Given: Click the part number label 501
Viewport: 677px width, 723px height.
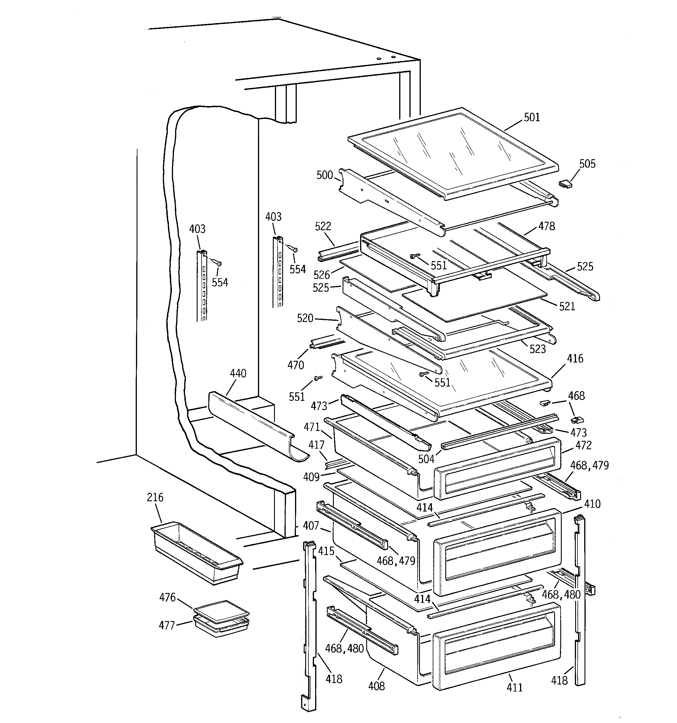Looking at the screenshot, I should pos(532,117).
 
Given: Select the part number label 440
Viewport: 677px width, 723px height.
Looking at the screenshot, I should pos(238,374).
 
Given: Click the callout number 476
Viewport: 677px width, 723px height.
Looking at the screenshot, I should pos(167,597).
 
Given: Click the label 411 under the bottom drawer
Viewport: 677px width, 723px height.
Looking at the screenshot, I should pos(514,687).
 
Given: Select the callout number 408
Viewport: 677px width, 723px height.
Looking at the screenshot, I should pos(376,686).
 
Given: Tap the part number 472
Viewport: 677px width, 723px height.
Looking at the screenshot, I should pos(583,445).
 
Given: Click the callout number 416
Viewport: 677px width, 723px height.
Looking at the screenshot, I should pos(575,359).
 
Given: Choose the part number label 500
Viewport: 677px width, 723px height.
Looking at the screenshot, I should pos(324,175).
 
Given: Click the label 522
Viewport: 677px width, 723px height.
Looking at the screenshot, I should pos(323,227).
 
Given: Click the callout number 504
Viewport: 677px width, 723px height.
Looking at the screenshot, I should pos(426,459).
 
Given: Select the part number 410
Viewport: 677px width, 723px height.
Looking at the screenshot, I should pos(592,504).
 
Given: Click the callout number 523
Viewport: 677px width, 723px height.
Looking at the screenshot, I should pos(538,349).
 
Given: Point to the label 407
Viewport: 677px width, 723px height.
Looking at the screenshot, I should pos(311,526).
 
